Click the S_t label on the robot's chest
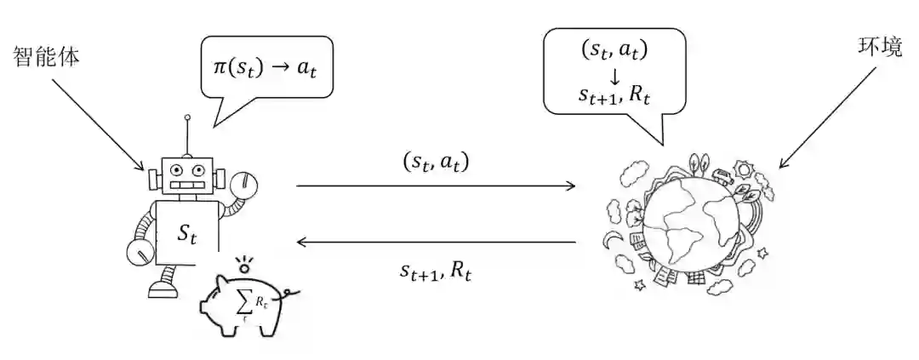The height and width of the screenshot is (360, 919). coord(186,232)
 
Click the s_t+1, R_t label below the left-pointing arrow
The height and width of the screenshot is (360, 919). coord(436,271)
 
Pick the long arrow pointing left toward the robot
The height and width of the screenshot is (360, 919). coord(436,243)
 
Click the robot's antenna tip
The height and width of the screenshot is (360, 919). coord(187,117)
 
